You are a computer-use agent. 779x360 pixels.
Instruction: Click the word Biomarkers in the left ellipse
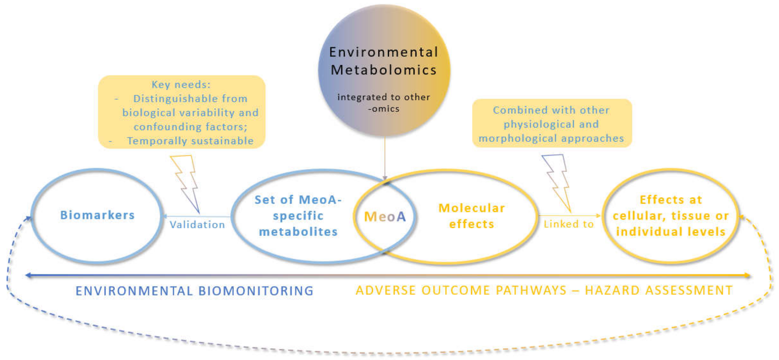[97, 215]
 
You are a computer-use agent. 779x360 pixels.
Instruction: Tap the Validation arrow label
[197, 224]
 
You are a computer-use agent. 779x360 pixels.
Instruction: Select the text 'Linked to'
[569, 224]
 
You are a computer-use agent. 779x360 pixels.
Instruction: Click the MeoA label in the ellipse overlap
[385, 217]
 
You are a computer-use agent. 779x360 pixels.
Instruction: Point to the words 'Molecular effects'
[471, 216]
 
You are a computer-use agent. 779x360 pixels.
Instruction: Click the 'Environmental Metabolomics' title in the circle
[383, 61]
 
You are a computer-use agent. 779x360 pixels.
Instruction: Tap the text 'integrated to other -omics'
[383, 103]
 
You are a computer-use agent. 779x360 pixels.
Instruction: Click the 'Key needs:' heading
[181, 84]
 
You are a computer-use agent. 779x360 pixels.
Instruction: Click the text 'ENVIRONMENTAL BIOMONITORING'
[194, 291]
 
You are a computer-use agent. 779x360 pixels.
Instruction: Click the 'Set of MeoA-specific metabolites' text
[298, 216]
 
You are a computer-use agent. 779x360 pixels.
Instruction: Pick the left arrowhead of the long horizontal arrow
[28, 275]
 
